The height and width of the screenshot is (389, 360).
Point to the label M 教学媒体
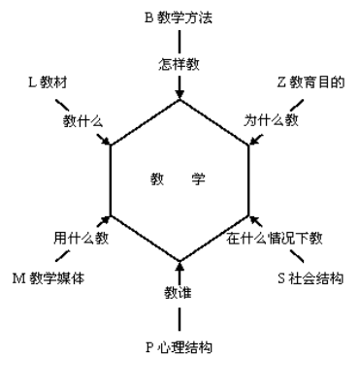point(49,278)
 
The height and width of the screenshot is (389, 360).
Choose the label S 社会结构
point(311,278)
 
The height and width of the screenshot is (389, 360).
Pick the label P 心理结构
point(179,346)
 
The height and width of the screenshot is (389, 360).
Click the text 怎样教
point(179,65)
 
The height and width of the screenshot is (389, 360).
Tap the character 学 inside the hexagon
point(199,179)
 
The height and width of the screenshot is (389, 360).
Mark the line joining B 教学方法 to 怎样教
point(179,41)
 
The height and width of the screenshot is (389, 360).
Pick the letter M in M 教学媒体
point(17,278)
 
